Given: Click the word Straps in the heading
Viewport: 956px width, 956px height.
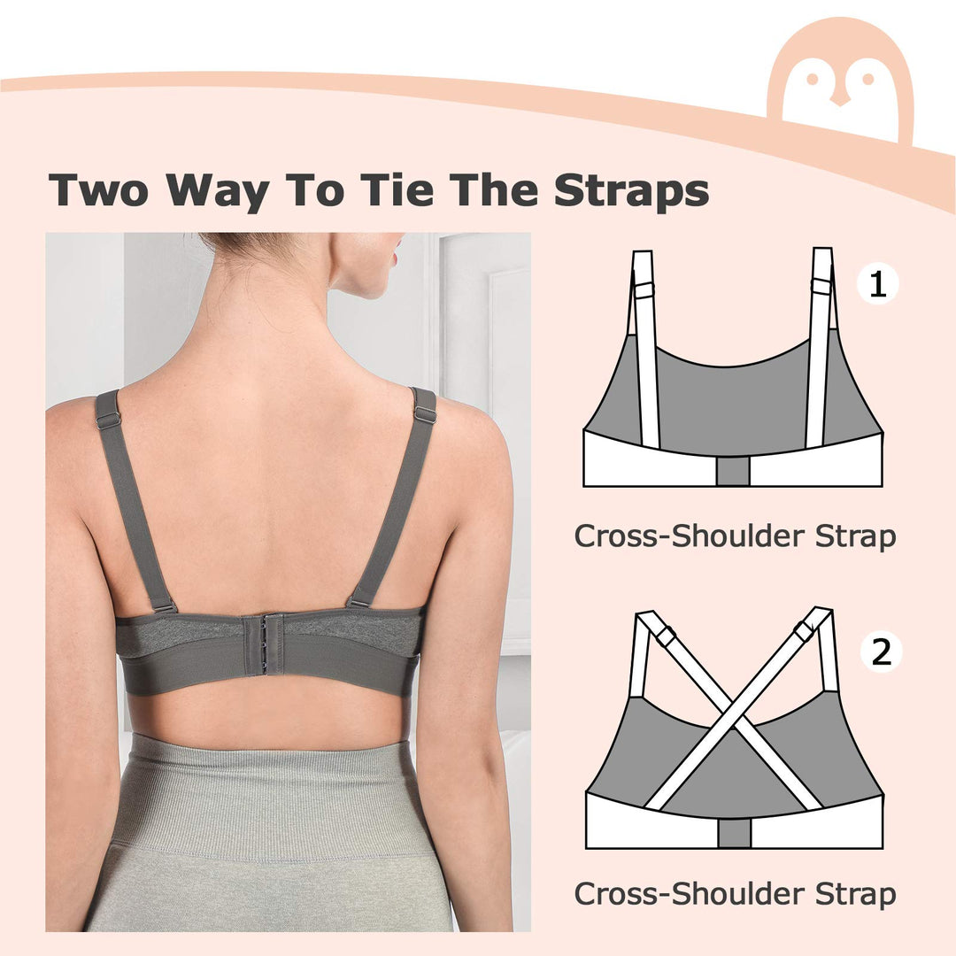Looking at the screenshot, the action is pyautogui.click(x=631, y=191).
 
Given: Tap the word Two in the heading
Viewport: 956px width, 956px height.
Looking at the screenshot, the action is pyautogui.click(x=98, y=190).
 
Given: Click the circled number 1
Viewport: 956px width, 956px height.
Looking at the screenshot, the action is pyautogui.click(x=876, y=284).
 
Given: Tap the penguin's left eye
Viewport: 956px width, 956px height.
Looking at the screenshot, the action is pyautogui.click(x=812, y=79).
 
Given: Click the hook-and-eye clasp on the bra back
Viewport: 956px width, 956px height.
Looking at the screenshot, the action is pyautogui.click(x=264, y=644).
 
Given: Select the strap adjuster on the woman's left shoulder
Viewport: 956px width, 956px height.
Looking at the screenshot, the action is pyautogui.click(x=107, y=420).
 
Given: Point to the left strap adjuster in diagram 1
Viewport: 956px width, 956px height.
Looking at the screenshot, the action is pyautogui.click(x=644, y=290).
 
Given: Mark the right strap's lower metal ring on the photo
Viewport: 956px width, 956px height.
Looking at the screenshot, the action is pyautogui.click(x=358, y=603).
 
